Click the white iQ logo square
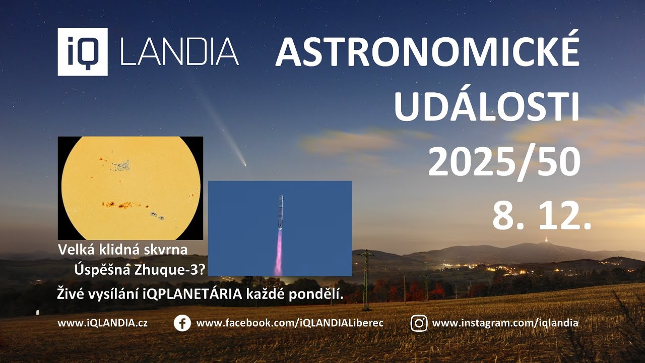(83, 52)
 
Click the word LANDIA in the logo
(179, 52)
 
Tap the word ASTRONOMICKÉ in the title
(427, 52)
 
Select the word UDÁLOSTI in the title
(486, 107)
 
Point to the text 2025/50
(504, 162)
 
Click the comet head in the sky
(244, 164)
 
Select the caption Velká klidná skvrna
(123, 250)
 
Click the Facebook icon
(182, 323)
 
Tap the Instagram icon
(419, 323)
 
